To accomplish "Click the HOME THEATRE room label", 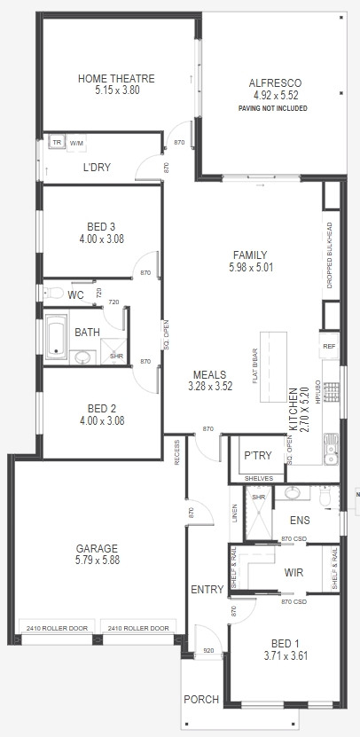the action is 116,79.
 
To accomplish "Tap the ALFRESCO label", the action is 276,83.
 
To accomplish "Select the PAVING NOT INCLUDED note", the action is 272,108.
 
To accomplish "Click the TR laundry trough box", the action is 57,143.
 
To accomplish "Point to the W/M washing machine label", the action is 76,144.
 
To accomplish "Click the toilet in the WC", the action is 53,294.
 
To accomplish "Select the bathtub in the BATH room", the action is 57,338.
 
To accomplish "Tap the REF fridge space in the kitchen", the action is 329,347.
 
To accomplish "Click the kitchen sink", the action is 331,449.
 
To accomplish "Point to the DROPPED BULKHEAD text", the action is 330,255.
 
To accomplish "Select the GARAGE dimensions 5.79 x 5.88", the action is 97,560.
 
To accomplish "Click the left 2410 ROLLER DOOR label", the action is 57,628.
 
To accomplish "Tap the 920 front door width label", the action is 208,650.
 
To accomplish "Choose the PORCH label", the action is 201,700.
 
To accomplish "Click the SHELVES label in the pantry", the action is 259,479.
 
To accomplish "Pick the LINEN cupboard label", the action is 235,514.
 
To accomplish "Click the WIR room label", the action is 293,573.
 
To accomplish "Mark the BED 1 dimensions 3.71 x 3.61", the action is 286,655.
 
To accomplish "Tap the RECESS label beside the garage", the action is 177,452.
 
